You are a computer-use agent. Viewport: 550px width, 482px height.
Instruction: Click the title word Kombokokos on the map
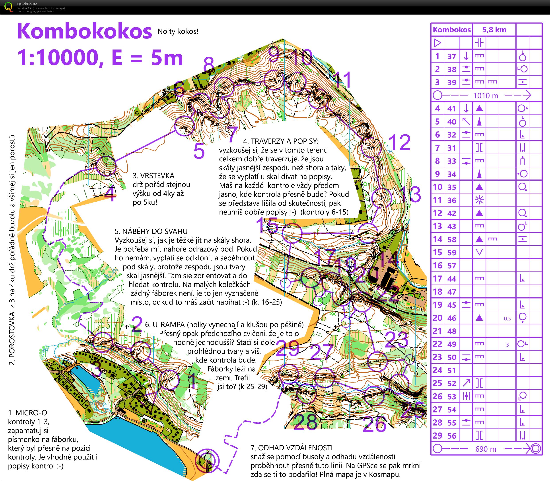[84, 31]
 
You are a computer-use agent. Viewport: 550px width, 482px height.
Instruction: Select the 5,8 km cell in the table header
[494, 30]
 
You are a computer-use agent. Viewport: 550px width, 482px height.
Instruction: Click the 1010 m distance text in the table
[486, 96]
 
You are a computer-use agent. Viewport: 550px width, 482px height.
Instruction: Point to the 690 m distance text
[486, 449]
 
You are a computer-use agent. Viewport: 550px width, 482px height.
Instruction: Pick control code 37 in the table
[452, 57]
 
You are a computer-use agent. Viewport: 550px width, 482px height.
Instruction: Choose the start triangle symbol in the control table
[438, 43]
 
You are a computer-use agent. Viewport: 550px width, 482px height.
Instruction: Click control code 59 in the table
[452, 253]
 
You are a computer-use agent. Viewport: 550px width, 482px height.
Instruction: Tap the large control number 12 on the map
[399, 142]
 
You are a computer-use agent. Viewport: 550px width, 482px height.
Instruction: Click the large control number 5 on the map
[199, 151]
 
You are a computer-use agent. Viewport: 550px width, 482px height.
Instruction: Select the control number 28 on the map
[305, 422]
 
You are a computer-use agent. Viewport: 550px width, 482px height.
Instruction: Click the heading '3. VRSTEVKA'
[154, 176]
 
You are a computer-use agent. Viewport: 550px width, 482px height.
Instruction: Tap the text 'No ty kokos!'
[178, 31]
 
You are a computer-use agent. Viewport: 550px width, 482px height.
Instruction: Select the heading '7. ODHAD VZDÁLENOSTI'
[292, 448]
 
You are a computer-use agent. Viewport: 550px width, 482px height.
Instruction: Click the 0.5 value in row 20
[507, 318]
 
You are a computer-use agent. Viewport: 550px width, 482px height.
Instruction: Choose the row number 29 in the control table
[437, 436]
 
